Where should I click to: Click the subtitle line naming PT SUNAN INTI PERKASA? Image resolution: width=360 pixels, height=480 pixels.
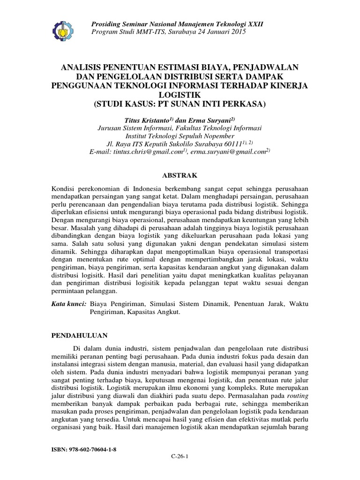(x=180, y=103)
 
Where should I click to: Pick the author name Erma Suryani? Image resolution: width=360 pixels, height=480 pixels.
(x=209, y=120)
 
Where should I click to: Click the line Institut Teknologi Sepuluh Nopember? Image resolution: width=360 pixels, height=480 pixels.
(x=180, y=135)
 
